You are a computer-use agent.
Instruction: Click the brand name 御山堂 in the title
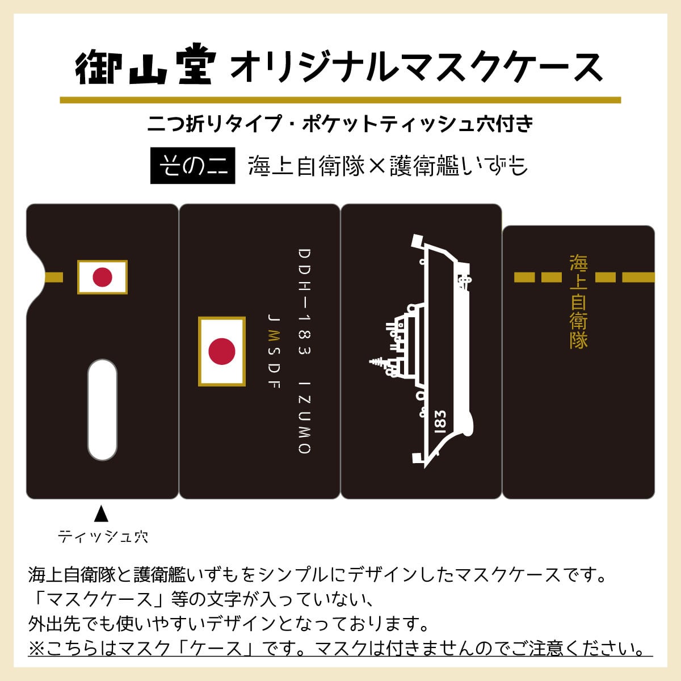pos(146,64)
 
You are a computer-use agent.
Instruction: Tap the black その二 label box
pos(192,165)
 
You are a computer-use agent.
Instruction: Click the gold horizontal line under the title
pos(340,100)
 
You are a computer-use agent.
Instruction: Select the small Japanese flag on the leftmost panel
pos(103,277)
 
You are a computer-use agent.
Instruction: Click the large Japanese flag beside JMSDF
pos(222,351)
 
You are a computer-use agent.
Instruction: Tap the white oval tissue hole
pos(103,410)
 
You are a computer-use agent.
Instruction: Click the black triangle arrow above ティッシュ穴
pos(102,514)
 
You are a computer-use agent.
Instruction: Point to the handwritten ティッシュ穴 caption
pos(103,536)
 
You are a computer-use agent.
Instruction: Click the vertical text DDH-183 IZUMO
pos(304,351)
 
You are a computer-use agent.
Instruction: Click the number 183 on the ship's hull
pos(440,422)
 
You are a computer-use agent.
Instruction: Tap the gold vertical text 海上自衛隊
pos(578,301)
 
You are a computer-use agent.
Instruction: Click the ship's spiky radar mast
pos(379,361)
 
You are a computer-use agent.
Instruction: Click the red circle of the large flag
pos(222,351)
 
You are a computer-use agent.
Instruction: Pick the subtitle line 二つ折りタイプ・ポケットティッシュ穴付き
pos(340,124)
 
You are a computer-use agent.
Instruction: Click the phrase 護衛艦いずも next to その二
pos(459,166)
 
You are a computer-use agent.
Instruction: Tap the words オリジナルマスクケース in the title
pos(417,66)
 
